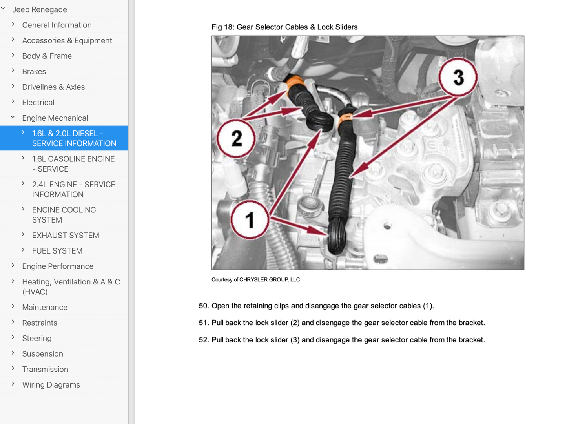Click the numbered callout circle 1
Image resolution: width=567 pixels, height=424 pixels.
click(250, 220)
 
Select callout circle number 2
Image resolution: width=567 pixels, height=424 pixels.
click(236, 138)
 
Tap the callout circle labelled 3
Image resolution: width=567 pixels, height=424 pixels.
click(458, 77)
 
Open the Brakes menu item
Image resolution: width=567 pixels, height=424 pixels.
click(34, 71)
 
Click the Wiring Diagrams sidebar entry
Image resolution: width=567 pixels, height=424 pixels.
click(51, 385)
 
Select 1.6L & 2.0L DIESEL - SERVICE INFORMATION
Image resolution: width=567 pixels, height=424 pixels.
click(74, 138)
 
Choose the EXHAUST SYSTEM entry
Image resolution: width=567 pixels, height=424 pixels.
click(66, 235)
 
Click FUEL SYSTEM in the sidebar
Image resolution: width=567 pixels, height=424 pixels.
click(57, 251)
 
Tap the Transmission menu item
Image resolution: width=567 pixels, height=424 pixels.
click(45, 369)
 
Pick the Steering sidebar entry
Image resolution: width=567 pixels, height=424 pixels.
click(37, 338)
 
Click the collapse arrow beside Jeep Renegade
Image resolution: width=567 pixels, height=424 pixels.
click(3, 9)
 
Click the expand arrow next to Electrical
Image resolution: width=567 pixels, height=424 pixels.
click(13, 102)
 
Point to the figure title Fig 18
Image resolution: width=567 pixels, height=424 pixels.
click(284, 27)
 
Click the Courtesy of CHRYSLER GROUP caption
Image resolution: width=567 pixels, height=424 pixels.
click(255, 279)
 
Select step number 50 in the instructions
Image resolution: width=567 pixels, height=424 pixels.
click(204, 306)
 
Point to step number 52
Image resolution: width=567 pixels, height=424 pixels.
click(204, 340)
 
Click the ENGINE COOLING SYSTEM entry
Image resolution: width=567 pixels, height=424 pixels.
click(64, 215)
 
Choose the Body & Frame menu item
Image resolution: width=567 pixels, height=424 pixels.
click(47, 56)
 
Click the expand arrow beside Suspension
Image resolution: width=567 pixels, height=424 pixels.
click(13, 353)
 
